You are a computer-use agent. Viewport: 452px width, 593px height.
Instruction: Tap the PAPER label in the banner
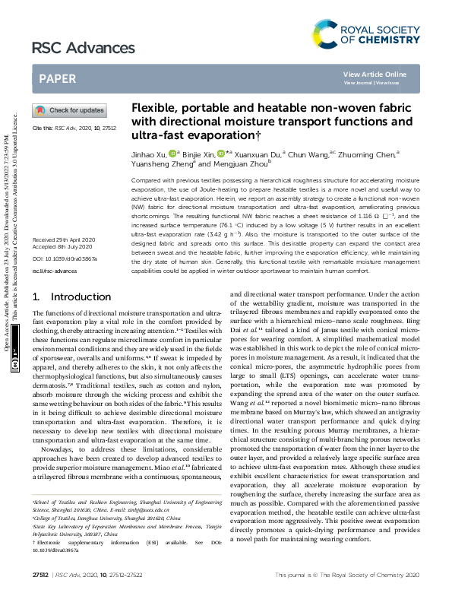pyautogui.click(x=57, y=78)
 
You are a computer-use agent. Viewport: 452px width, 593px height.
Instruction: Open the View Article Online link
pyautogui.click(x=375, y=74)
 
